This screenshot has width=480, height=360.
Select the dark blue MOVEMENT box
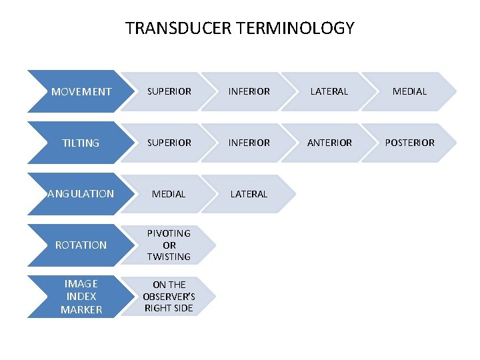pos(81,91)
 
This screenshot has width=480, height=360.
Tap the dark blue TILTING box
pos(81,143)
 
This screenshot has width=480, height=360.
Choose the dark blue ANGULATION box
pos(81,194)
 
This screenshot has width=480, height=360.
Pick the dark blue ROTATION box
pos(81,245)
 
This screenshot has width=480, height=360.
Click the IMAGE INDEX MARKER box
pos(81,296)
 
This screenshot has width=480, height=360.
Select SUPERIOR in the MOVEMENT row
pos(169,91)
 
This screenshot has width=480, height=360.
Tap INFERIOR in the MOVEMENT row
pos(249,91)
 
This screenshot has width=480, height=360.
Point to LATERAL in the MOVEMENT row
pos(329,91)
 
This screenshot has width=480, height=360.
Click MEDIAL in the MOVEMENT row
pos(409,91)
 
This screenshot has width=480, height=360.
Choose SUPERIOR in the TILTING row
pos(169,143)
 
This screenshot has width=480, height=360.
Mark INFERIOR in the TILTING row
pos(249,143)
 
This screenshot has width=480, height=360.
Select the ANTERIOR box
pos(329,143)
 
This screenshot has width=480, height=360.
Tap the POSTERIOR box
pos(409,143)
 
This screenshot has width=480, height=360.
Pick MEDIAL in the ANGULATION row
pos(169,194)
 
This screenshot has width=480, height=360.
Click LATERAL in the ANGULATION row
pos(249,194)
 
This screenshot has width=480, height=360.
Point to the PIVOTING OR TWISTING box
pos(169,245)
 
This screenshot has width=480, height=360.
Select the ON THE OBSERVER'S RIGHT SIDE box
pos(169,296)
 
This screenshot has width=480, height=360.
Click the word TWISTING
pos(169,257)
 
